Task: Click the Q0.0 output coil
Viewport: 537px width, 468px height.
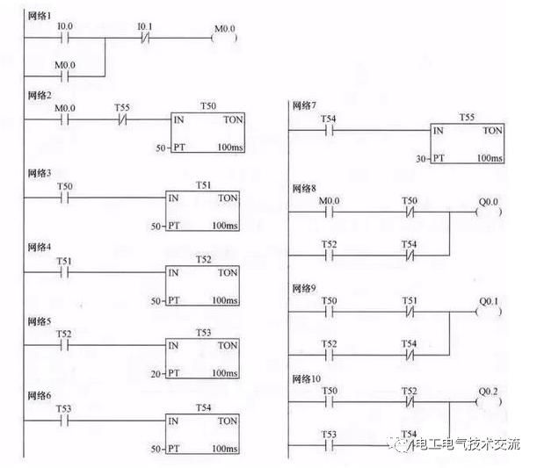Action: pos(488,212)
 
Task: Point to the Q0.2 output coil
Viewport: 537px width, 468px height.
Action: pos(488,401)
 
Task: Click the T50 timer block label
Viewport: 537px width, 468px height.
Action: pos(207,106)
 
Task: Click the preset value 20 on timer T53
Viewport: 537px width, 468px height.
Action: pos(155,373)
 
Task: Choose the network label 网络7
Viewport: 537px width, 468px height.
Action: pos(303,105)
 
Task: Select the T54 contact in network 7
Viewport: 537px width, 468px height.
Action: pos(328,130)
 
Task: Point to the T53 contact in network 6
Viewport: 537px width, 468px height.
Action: pos(64,421)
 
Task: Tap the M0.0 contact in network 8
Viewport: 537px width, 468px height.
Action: pos(328,212)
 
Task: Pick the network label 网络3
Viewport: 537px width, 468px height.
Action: pos(39,173)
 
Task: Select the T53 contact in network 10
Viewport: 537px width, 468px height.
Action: pos(328,443)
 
